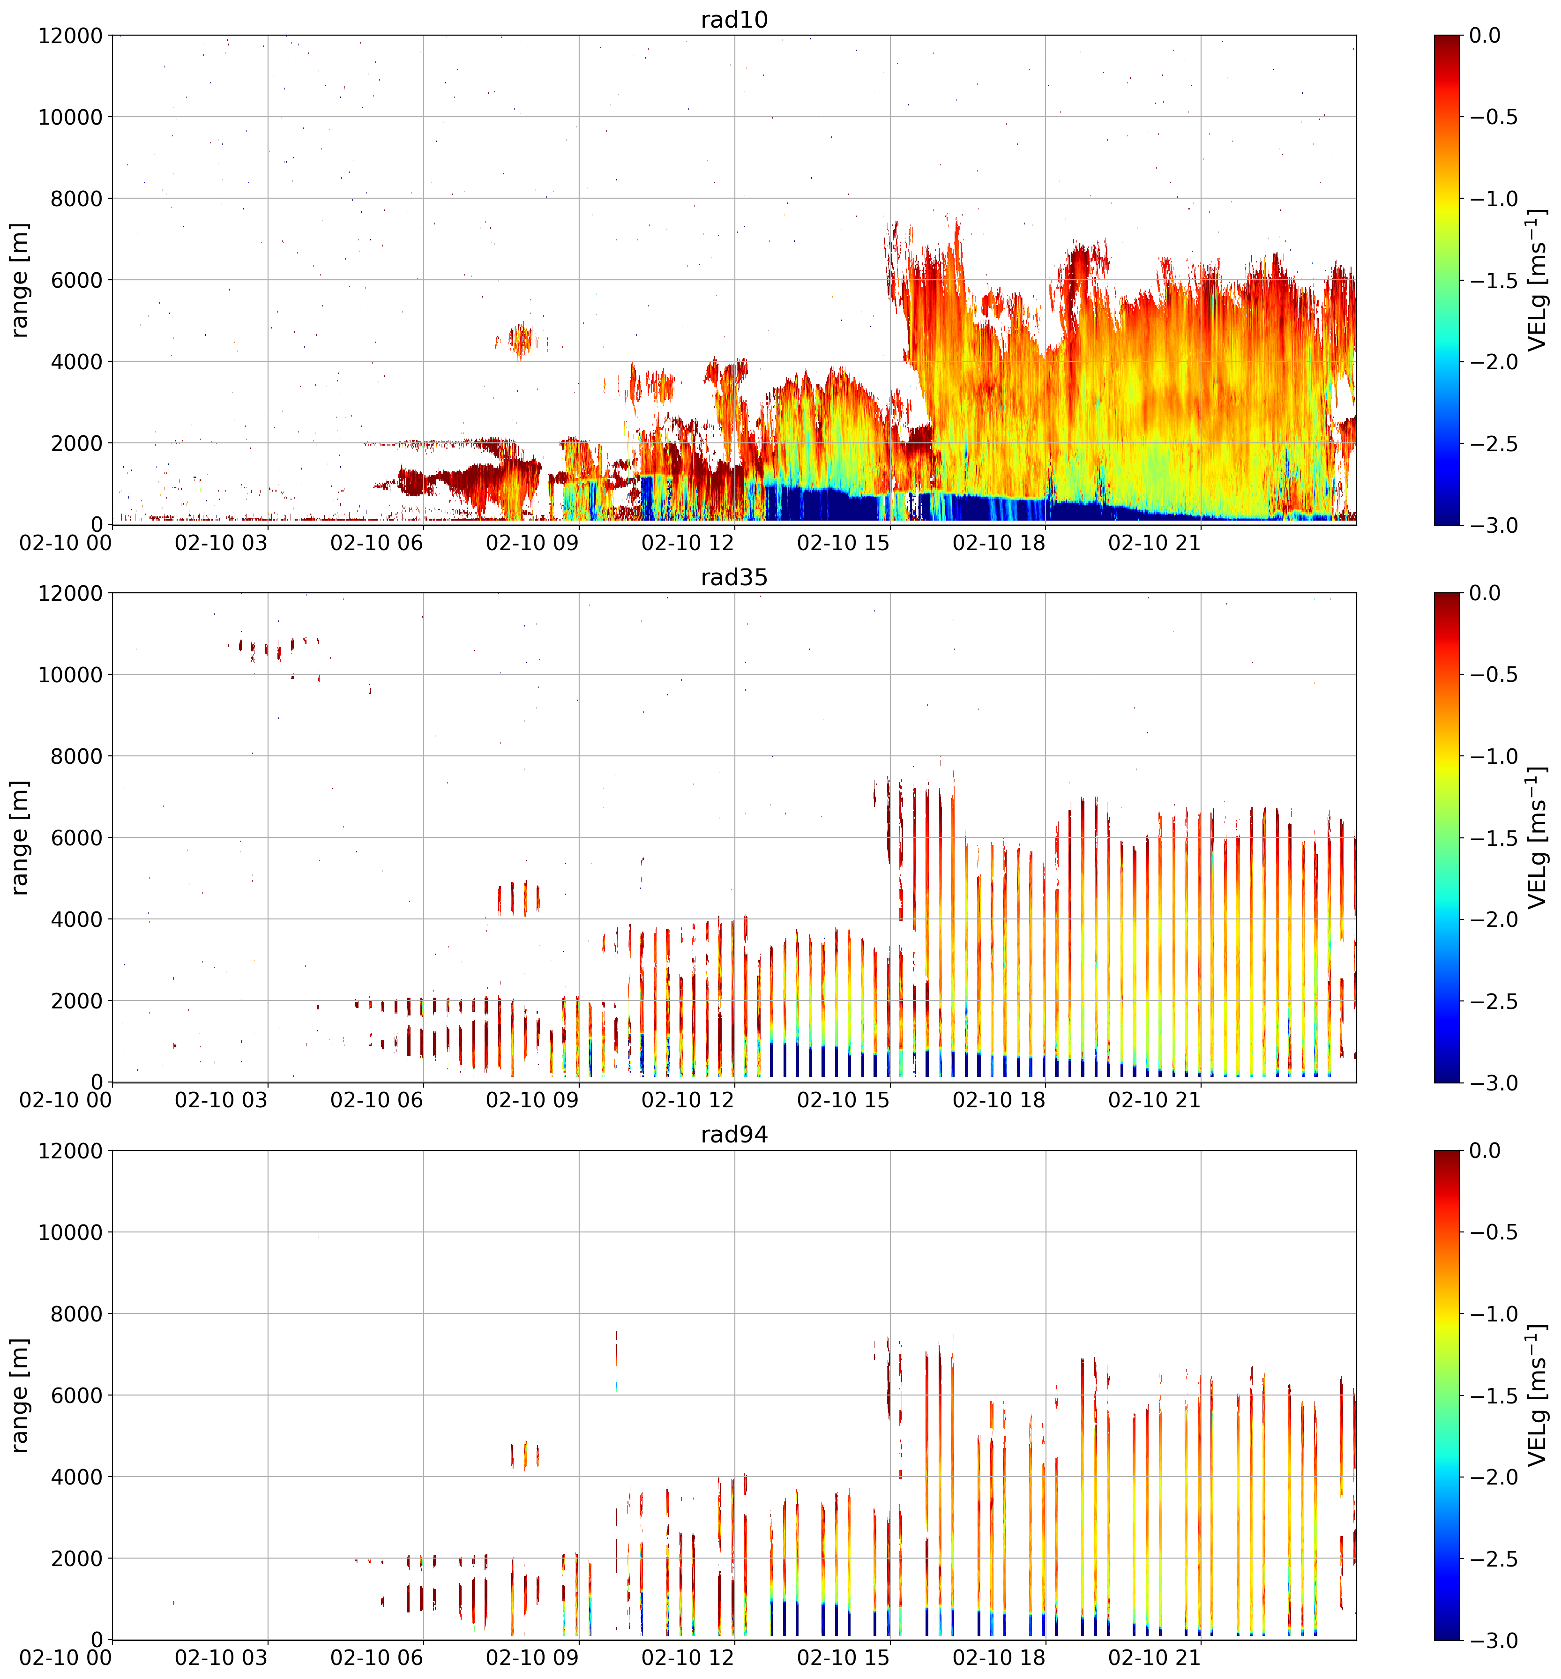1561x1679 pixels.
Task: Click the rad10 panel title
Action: tap(734, 19)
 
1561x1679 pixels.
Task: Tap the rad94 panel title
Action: tap(734, 1134)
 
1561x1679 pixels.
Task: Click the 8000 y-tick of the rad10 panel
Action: tap(70, 199)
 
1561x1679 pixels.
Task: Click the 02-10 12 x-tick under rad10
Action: tap(687, 542)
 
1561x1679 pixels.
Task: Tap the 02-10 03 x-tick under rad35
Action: tap(221, 1100)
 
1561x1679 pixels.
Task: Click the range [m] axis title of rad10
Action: tap(19, 280)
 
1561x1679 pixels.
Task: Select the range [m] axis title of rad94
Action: tap(19, 1395)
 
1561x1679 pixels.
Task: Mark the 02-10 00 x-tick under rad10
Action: tap(66, 542)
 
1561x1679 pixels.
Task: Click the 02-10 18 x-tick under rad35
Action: tap(999, 1100)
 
